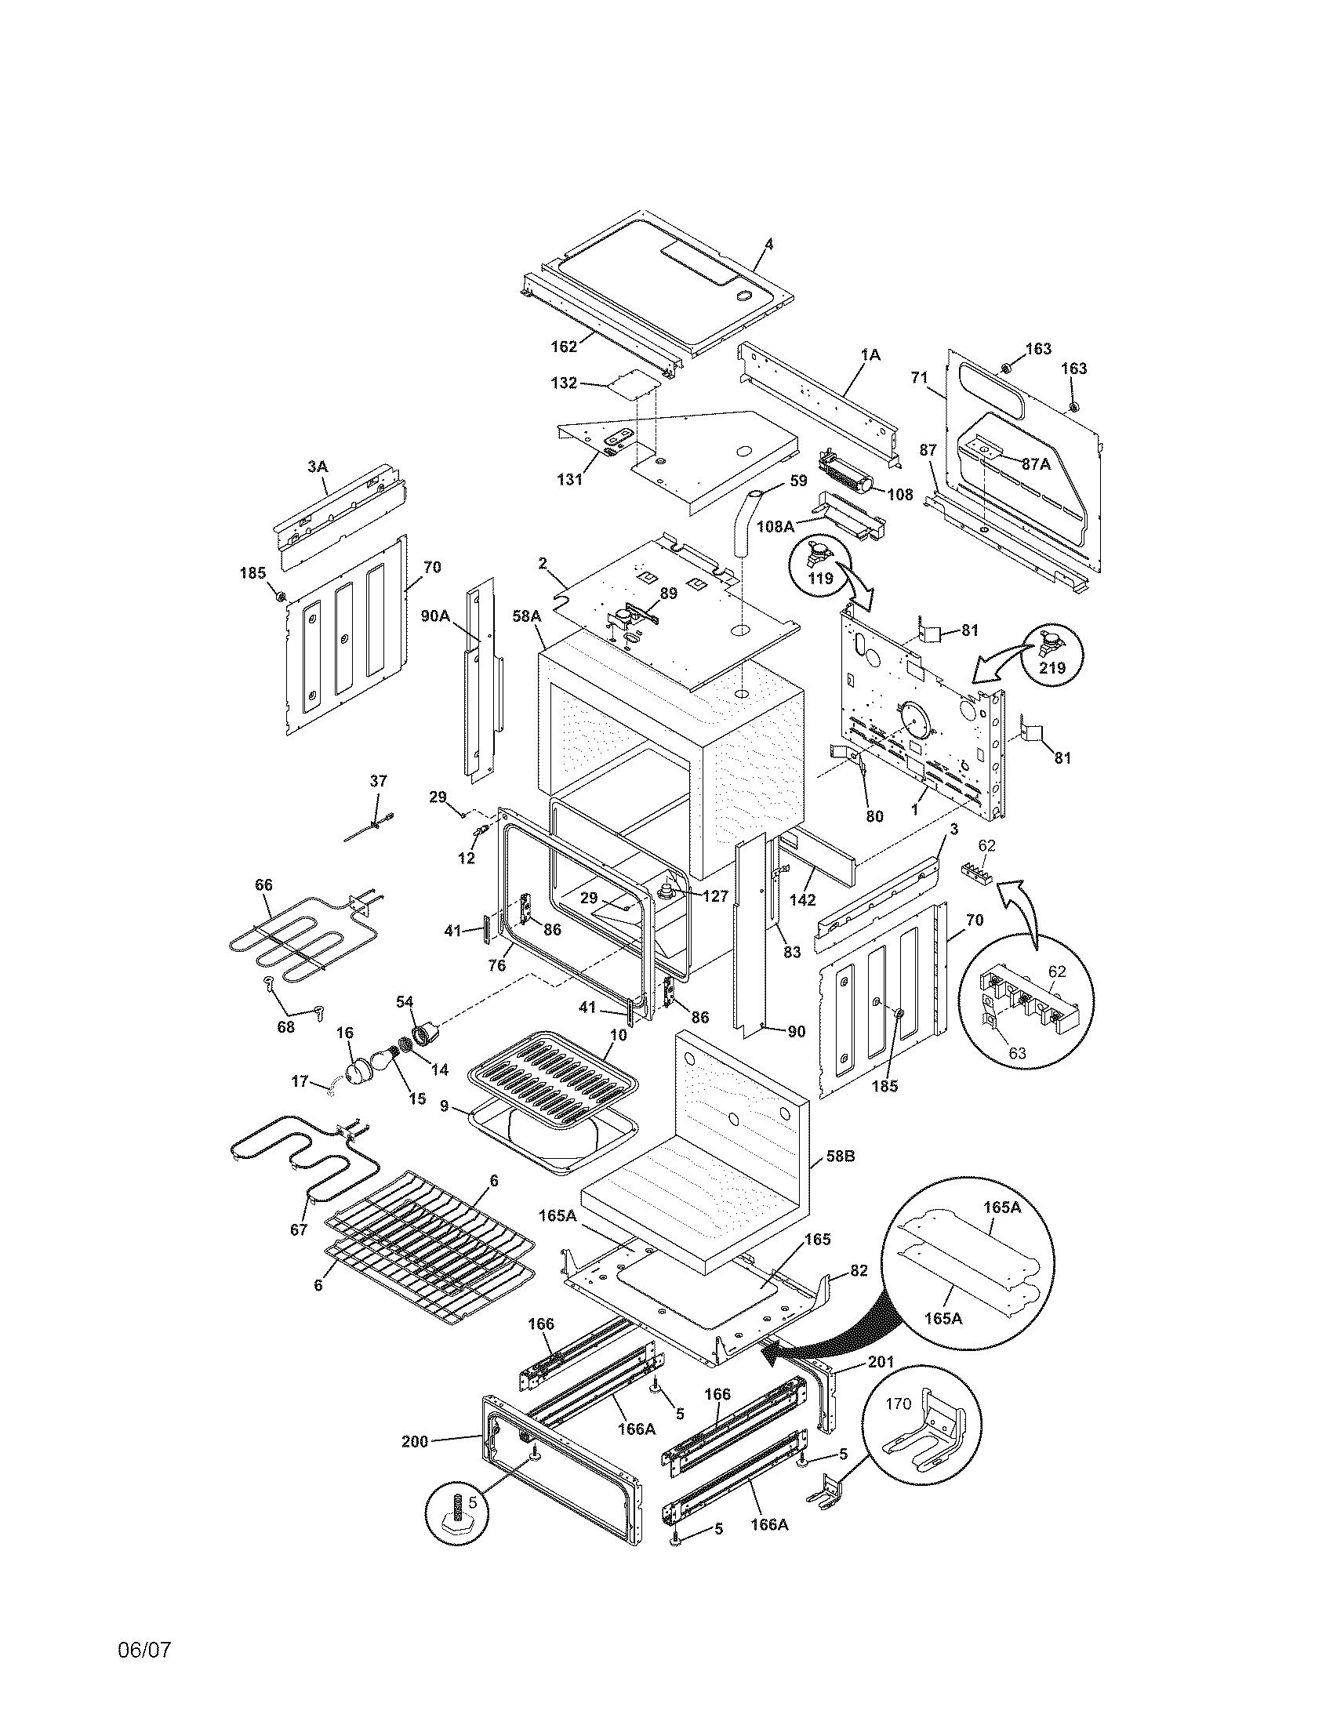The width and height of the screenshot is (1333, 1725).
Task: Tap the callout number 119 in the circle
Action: click(x=820, y=578)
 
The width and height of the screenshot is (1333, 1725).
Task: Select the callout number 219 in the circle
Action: click(x=1052, y=667)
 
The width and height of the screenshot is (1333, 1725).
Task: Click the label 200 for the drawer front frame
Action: click(x=414, y=1441)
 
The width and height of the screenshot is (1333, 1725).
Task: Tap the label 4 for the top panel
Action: click(x=769, y=245)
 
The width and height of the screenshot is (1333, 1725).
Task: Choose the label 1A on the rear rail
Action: click(x=870, y=355)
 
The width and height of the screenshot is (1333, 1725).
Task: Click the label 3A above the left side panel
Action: click(x=317, y=467)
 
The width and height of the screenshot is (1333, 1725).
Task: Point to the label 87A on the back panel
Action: click(x=1036, y=464)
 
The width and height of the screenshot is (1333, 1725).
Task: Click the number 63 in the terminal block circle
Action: click(x=1017, y=1052)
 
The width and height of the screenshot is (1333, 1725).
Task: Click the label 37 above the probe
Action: click(x=378, y=780)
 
